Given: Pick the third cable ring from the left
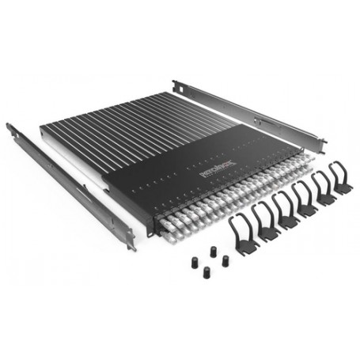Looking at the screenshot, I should (285, 208).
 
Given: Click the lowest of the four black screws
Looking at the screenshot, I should (207, 272).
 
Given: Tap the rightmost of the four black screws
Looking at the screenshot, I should (225, 260).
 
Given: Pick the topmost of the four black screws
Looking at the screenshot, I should (212, 251).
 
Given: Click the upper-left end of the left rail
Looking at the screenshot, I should (10, 127).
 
